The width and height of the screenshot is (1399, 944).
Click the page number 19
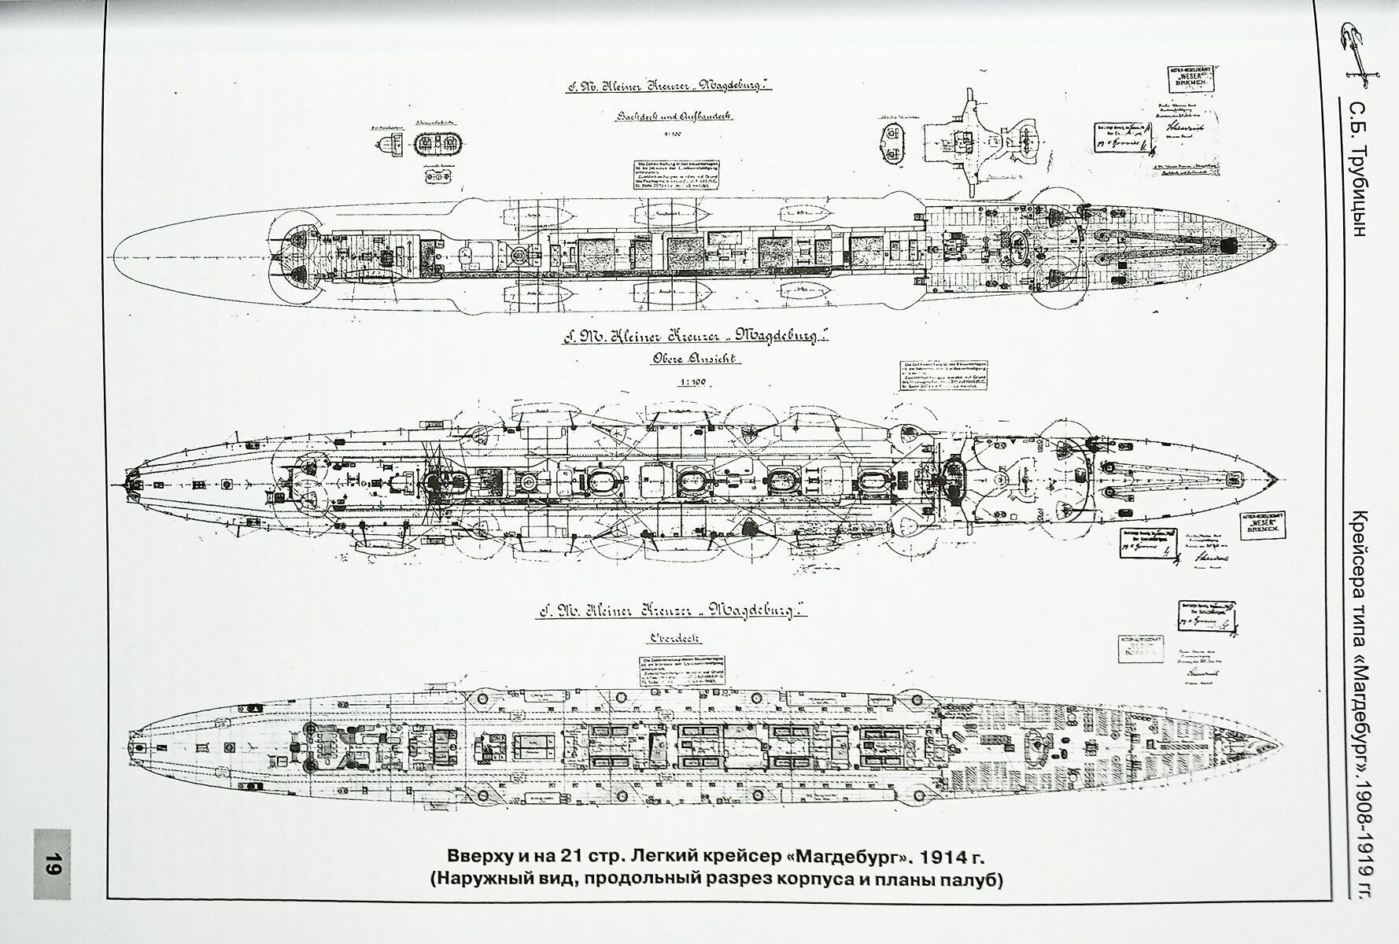pyautogui.click(x=52, y=864)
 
